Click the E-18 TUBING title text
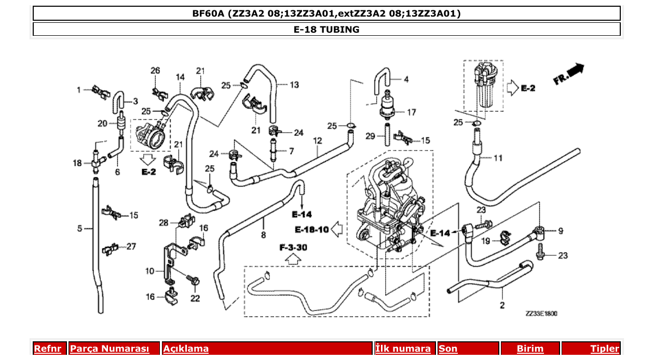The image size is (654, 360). tap(326, 29)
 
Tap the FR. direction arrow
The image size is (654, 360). tap(568, 74)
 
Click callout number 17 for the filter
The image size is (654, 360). tap(411, 112)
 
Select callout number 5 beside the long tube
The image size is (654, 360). tap(80, 228)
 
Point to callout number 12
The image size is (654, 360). tap(318, 140)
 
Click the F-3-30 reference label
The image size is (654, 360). tap(293, 248)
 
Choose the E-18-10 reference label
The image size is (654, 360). tap(311, 229)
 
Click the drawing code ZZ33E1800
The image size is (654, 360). tap(541, 314)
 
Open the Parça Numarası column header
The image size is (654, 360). tap(110, 349)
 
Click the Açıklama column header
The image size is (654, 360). tap(186, 349)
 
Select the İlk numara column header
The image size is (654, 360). tap(403, 349)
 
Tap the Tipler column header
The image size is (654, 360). tap(604, 349)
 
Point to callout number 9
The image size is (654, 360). tap(561, 231)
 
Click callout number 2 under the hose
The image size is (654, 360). tap(502, 305)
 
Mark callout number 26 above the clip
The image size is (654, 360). tap(155, 71)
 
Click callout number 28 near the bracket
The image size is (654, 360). tap(163, 223)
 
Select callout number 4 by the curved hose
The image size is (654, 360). tap(406, 79)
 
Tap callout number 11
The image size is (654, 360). tap(498, 158)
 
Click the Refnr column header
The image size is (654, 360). tap(47, 349)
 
